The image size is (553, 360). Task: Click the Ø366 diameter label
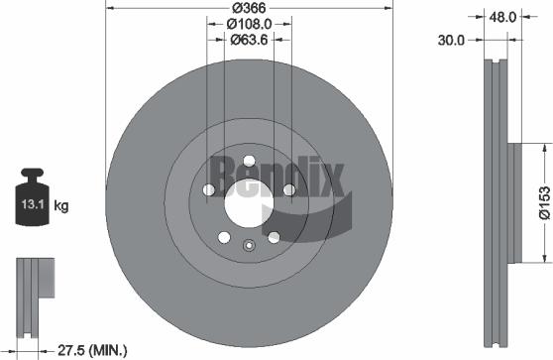click(x=249, y=8)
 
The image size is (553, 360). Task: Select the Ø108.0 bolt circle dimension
click(x=250, y=24)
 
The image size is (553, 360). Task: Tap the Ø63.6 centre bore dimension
click(x=250, y=40)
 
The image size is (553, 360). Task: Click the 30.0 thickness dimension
click(x=452, y=41)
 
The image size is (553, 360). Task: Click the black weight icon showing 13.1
click(x=30, y=201)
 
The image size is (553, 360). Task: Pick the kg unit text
click(x=61, y=206)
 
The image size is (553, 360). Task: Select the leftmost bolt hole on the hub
click(x=208, y=190)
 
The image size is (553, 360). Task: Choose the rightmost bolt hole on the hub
click(x=289, y=190)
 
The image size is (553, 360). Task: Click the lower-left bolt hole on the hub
click(x=224, y=238)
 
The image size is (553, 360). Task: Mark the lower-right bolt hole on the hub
click(x=275, y=238)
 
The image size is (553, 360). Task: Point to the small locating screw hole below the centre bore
click(x=250, y=246)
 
